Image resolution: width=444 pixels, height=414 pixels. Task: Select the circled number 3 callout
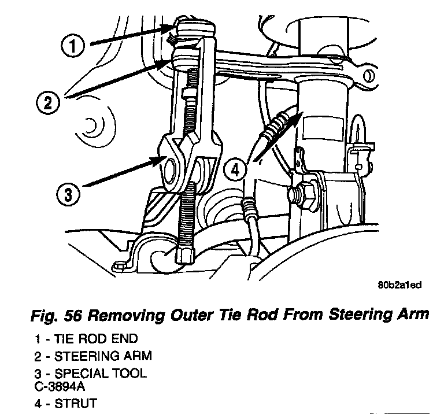click(69, 194)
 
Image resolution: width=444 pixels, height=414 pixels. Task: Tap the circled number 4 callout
click(235, 169)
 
